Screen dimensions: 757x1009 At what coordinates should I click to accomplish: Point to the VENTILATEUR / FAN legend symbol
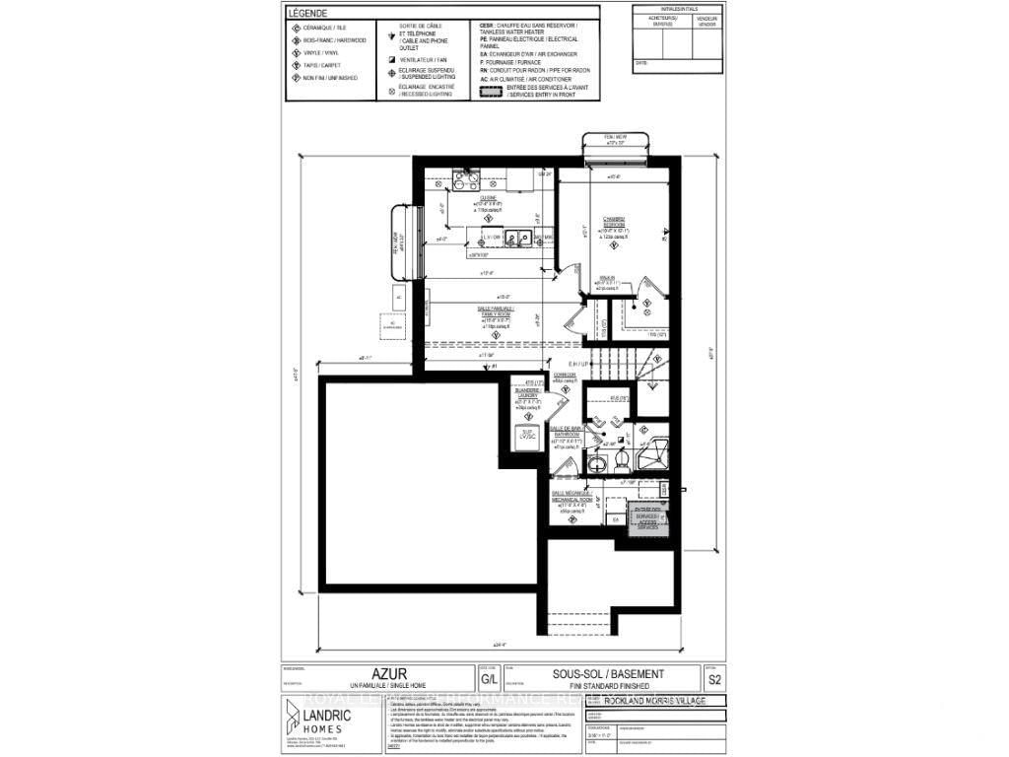[x=393, y=58]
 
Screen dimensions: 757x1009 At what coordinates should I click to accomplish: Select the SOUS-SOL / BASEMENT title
[x=607, y=674]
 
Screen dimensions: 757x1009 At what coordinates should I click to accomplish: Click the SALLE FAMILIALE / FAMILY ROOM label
[x=495, y=313]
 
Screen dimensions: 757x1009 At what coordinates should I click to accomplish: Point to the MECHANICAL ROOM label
[x=572, y=501]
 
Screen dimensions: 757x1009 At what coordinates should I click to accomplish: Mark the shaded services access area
[x=648, y=518]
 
